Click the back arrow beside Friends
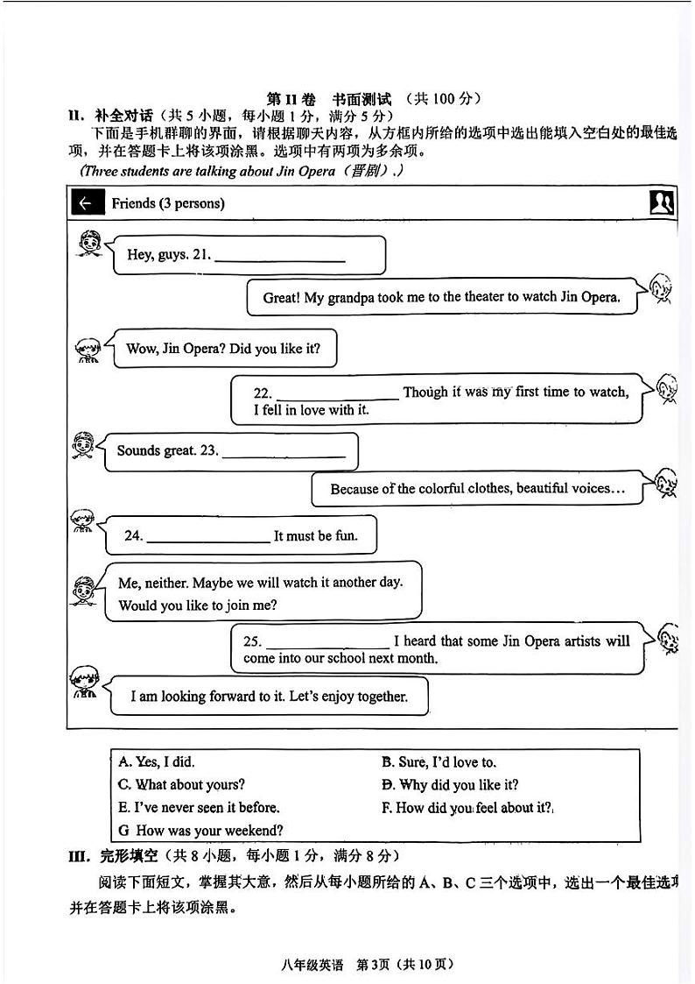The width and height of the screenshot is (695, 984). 85,203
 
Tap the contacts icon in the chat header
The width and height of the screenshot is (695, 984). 662,202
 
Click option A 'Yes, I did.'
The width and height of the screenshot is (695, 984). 157,762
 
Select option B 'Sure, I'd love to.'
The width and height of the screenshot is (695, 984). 439,762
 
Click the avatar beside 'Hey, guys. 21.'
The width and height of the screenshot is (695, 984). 87,244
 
